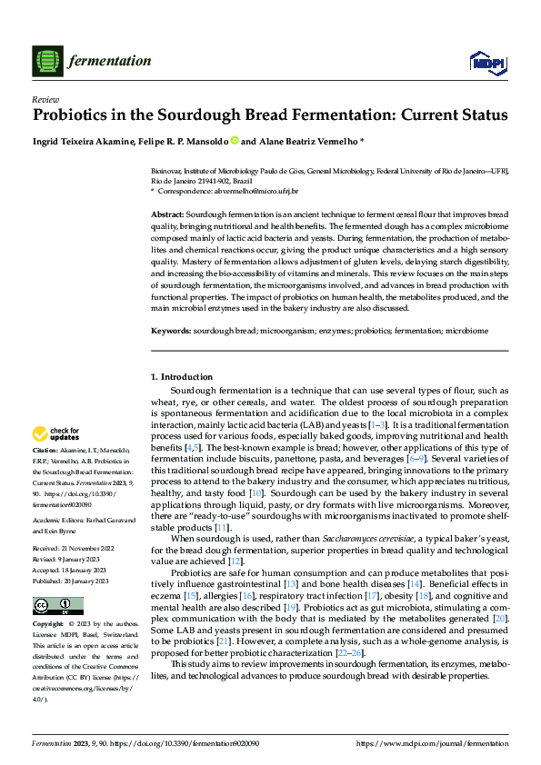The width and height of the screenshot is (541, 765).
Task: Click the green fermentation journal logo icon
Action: point(45,61)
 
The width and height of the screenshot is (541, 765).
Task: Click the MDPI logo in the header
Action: point(483,61)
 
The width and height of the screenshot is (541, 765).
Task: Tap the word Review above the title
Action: point(45,99)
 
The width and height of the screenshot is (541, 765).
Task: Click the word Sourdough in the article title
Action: point(190,116)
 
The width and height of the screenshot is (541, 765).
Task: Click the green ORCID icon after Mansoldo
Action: point(234,141)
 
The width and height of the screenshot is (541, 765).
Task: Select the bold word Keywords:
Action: point(170,332)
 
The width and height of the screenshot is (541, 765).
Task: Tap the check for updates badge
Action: point(56,433)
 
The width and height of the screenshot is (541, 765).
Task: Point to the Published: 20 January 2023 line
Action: point(71,555)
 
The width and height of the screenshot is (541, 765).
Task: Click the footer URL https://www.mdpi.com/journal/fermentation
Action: point(433,744)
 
